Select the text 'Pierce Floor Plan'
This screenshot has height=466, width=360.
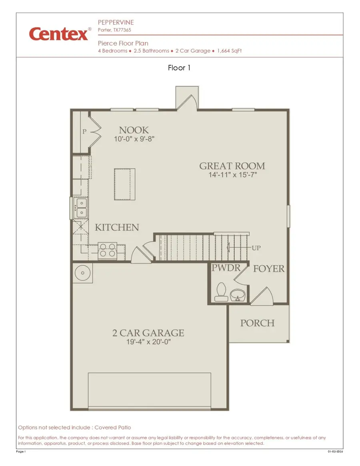click(123, 43)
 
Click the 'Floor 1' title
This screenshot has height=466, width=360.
click(179, 68)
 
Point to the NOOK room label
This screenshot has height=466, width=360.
click(134, 130)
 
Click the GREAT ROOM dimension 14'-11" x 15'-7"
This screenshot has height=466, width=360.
click(232, 175)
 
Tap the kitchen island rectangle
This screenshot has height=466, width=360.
click(125, 184)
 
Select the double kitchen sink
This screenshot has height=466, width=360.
click(81, 208)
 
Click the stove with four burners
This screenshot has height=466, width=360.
click(107, 251)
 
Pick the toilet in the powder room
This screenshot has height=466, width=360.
click(220, 292)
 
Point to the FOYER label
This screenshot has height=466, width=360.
click(268, 269)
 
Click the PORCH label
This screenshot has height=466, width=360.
click(257, 323)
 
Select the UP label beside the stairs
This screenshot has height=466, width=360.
click(256, 248)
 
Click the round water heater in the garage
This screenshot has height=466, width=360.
click(83, 273)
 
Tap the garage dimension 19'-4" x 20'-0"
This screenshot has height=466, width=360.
click(148, 343)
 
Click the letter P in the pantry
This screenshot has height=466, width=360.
click(84, 131)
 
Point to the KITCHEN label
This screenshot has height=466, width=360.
click(117, 227)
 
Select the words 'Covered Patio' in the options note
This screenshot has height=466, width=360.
click(113, 428)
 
